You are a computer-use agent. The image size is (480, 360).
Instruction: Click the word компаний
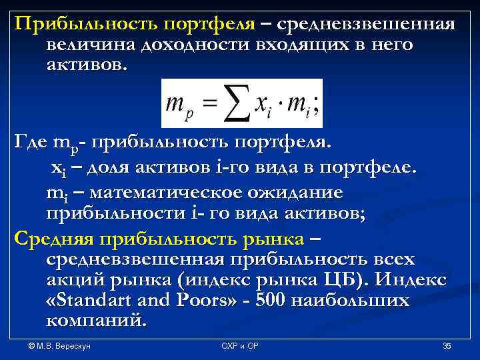(x=95, y=321)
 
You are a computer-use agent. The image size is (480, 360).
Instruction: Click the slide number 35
(x=447, y=346)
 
